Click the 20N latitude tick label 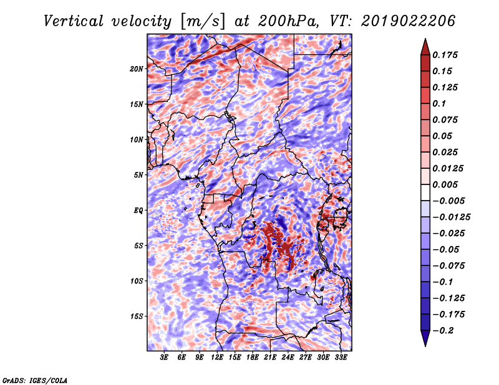click(137, 69)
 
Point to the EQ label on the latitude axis click(138, 211)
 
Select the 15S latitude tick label click(137, 316)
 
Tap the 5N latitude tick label click(138, 175)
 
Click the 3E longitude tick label click(164, 358)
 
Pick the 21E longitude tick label click(270, 358)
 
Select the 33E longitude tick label click(341, 358)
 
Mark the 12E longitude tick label click(217, 358)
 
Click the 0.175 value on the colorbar click(445, 55)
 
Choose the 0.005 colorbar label click(445, 184)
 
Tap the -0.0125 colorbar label click(451, 217)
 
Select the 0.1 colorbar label click(439, 103)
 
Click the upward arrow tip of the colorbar click(425, 39)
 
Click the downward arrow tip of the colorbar click(425, 346)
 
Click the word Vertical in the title click(74, 21)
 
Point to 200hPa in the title click(288, 21)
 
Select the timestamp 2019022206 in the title click(409, 21)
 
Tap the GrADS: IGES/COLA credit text click(35, 380)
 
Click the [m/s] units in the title click(203, 22)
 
